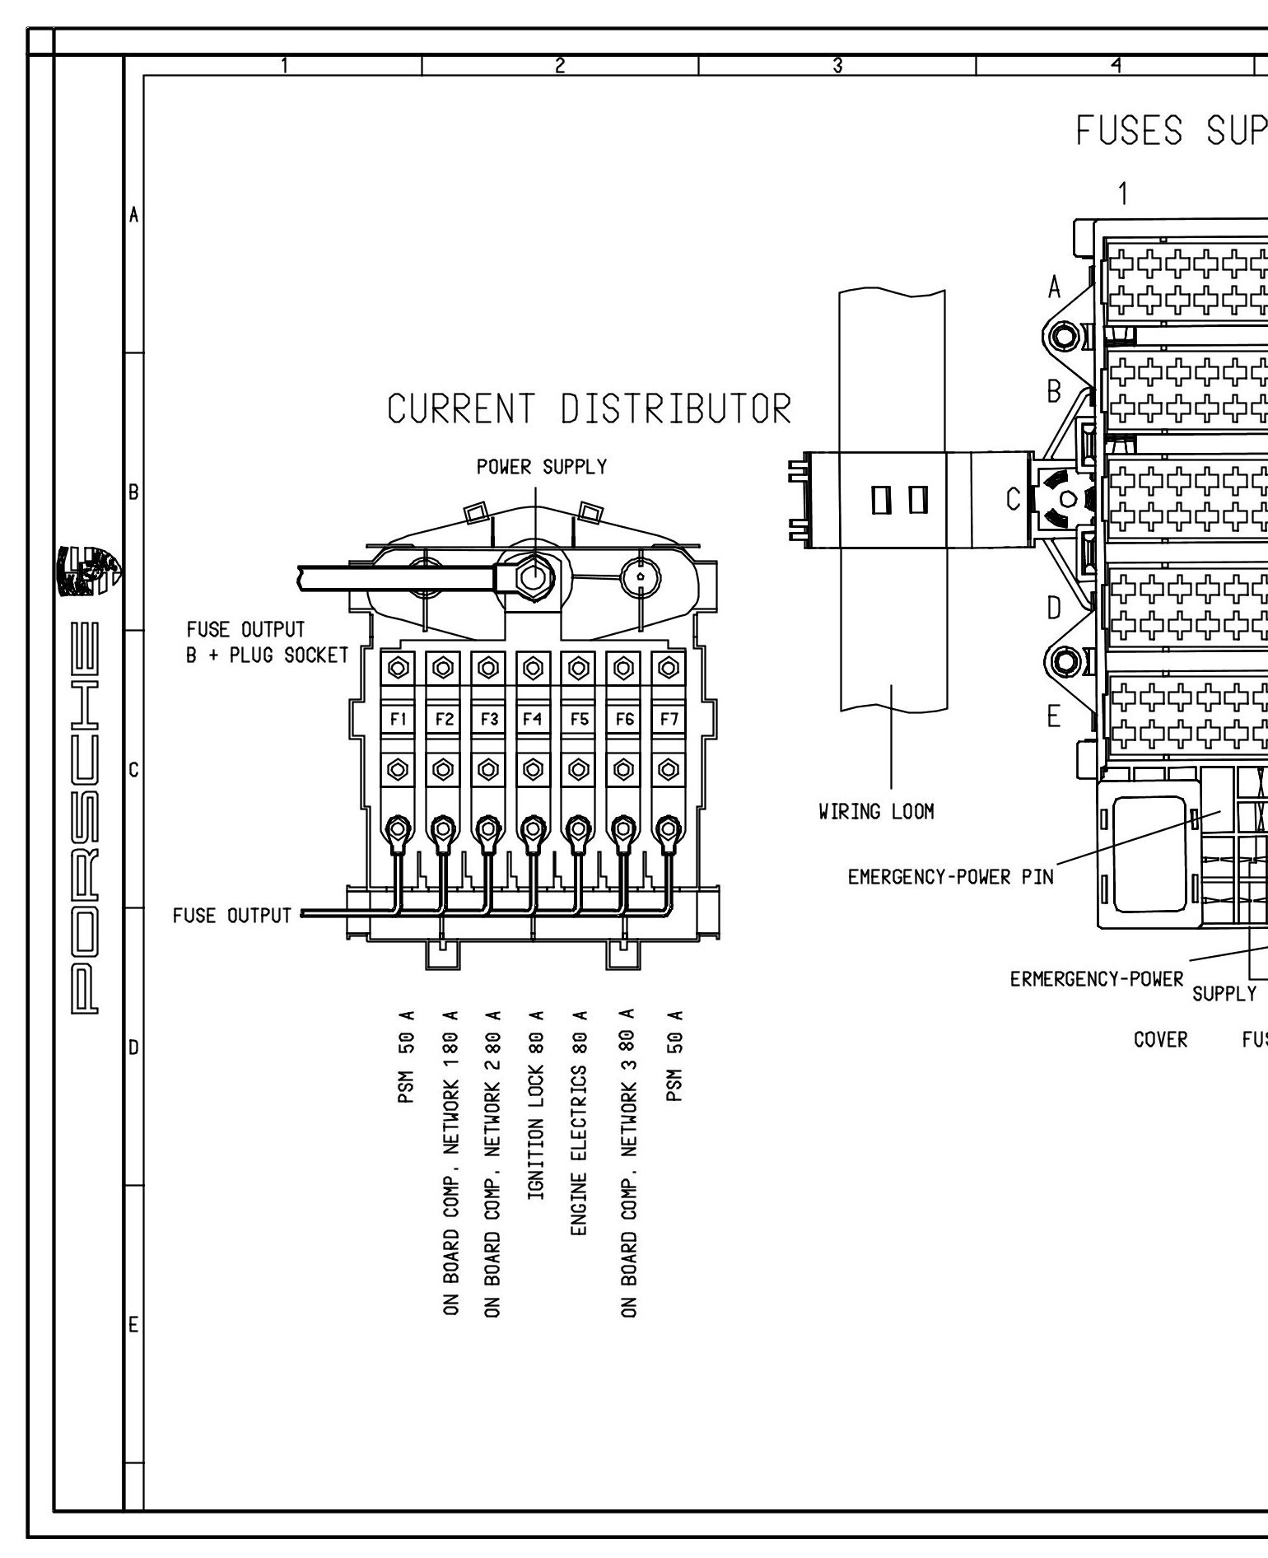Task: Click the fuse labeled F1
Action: (399, 719)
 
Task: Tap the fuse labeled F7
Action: (669, 719)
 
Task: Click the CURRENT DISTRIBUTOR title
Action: (590, 409)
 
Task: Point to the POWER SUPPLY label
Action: (541, 467)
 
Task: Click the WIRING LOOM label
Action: (876, 812)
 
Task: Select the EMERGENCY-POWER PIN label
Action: (950, 877)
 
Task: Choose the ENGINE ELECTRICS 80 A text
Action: (578, 1135)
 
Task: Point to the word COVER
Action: (1160, 1040)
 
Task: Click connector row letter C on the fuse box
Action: (1014, 499)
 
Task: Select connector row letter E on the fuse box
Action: (1054, 717)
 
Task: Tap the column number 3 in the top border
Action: (837, 66)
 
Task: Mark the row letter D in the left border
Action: (133, 1048)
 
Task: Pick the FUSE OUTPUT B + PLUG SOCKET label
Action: (268, 642)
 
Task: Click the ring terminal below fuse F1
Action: (399, 827)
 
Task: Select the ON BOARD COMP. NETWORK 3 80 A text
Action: (628, 1173)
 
